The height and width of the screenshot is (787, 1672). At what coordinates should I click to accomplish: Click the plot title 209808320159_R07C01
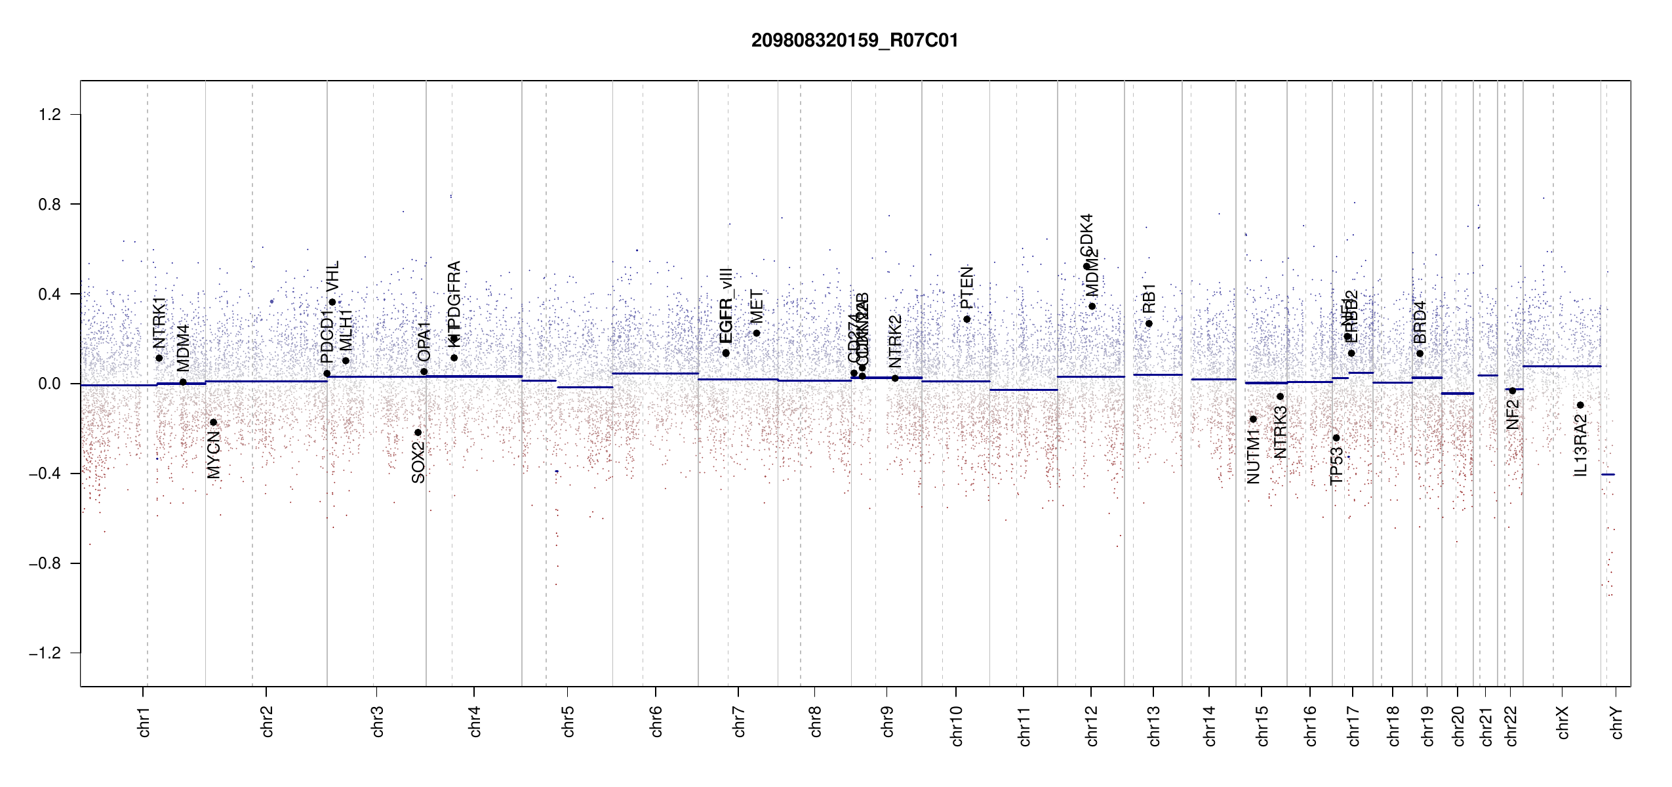(x=854, y=41)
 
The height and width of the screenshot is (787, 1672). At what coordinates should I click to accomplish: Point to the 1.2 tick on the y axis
(x=49, y=115)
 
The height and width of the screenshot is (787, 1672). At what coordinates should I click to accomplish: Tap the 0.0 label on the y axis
(x=49, y=384)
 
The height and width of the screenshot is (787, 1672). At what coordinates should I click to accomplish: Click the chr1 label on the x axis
(x=144, y=722)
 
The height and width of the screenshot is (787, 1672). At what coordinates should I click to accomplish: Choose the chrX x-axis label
(x=1563, y=722)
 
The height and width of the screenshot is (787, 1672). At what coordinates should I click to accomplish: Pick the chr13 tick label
(x=1154, y=725)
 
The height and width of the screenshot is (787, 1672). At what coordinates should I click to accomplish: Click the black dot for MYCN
(x=213, y=422)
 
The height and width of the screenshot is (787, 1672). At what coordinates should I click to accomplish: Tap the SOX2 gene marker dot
(x=418, y=432)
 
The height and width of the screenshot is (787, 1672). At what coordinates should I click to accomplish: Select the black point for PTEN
(x=966, y=319)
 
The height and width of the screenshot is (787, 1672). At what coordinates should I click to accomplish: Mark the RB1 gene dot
(x=1149, y=323)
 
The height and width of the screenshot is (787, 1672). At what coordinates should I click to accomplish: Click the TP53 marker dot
(x=1336, y=437)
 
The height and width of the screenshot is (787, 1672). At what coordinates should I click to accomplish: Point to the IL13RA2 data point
(x=1580, y=405)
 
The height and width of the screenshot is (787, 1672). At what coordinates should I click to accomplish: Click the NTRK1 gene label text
(x=159, y=322)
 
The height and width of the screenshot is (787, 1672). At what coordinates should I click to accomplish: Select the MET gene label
(x=757, y=306)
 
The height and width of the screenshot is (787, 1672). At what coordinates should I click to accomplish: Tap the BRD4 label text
(x=1420, y=323)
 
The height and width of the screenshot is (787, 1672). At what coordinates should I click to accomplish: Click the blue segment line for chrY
(x=1608, y=474)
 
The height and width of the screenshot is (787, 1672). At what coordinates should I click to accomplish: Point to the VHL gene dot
(x=332, y=302)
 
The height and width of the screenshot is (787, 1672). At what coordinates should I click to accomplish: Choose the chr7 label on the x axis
(x=739, y=722)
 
